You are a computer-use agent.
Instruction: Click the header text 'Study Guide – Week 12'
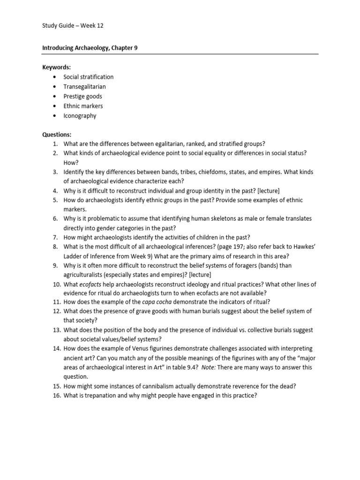(x=73, y=26)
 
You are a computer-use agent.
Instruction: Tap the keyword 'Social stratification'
(x=89, y=77)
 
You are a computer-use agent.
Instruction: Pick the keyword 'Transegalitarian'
(x=84, y=87)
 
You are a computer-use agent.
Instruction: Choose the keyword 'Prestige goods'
(x=82, y=97)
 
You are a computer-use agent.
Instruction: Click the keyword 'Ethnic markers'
(x=83, y=106)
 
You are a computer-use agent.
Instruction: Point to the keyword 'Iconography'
(x=80, y=116)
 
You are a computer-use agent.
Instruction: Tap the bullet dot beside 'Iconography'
(x=55, y=116)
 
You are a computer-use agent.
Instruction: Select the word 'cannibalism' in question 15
(x=155, y=386)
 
